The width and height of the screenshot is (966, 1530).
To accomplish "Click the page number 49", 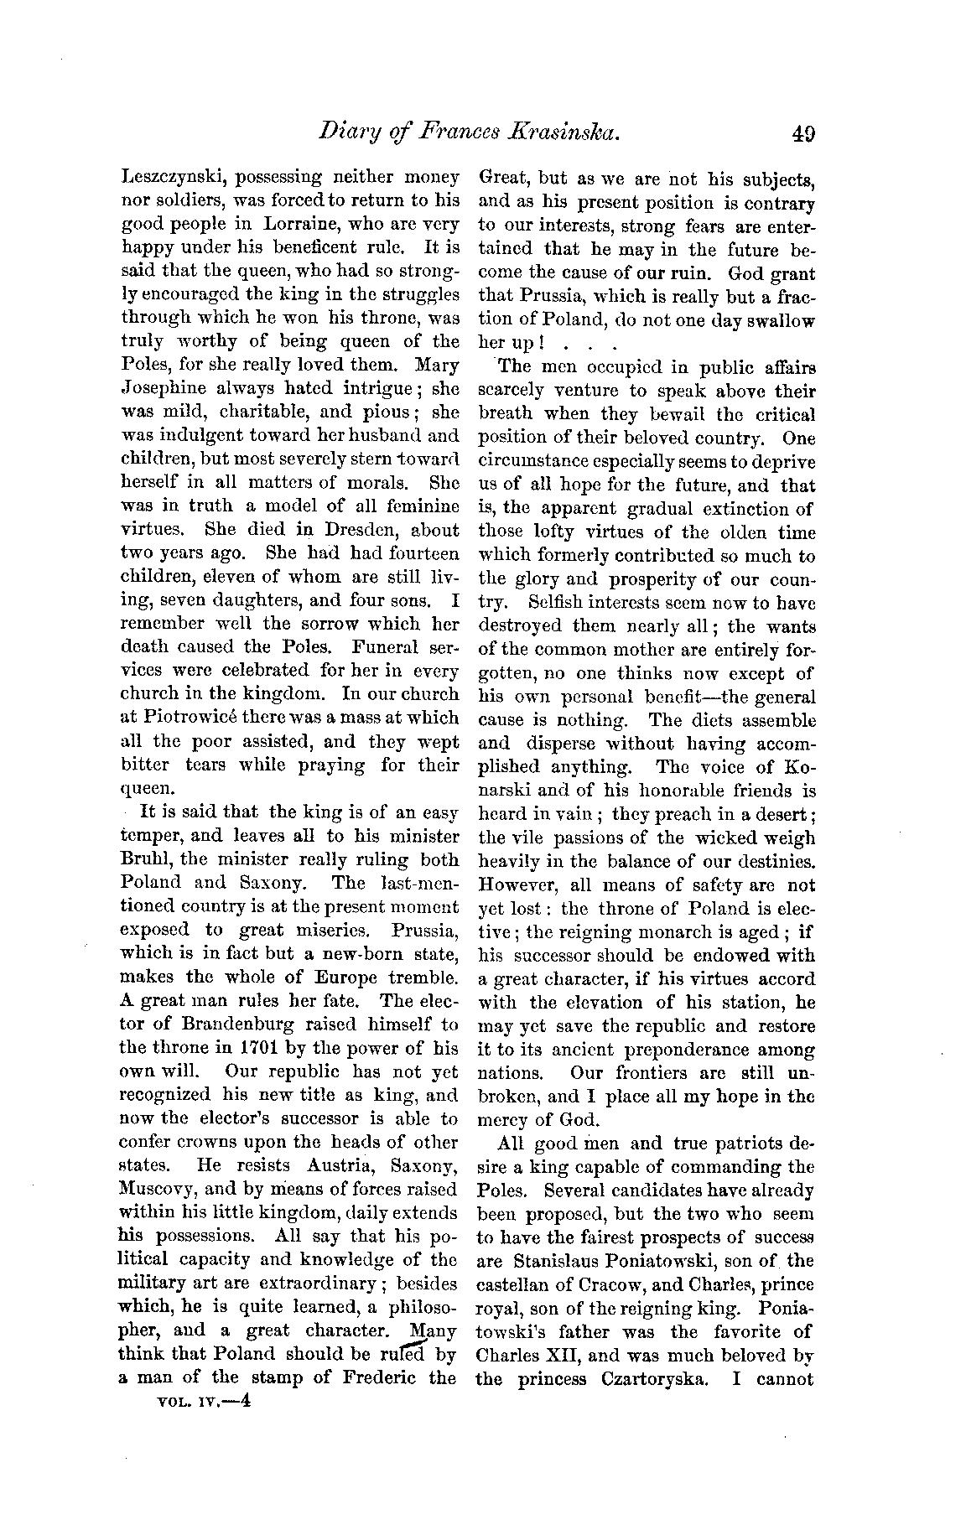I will pos(802,134).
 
